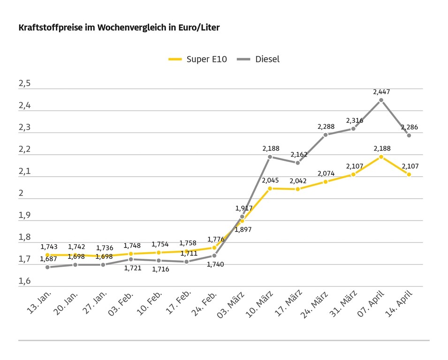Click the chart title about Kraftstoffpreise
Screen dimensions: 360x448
tap(119, 28)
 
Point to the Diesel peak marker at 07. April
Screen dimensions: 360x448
tap(381, 100)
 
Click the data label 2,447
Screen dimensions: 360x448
tap(381, 92)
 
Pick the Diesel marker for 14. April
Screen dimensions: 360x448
tap(409, 135)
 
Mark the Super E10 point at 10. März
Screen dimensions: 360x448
tap(270, 188)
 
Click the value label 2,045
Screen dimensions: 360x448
tap(270, 180)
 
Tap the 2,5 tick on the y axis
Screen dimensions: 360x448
tap(24, 84)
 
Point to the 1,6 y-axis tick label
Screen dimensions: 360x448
tap(24, 281)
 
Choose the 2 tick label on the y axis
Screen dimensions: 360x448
tap(21, 194)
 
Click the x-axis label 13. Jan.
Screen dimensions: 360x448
tap(40, 302)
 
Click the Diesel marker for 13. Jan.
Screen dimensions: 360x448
tap(47, 267)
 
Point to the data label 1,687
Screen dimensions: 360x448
tap(49, 259)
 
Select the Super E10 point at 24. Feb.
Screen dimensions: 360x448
tap(214, 247)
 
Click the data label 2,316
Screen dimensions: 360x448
tap(355, 120)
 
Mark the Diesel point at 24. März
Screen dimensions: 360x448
tap(326, 135)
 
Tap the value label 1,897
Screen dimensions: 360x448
tap(243, 229)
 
